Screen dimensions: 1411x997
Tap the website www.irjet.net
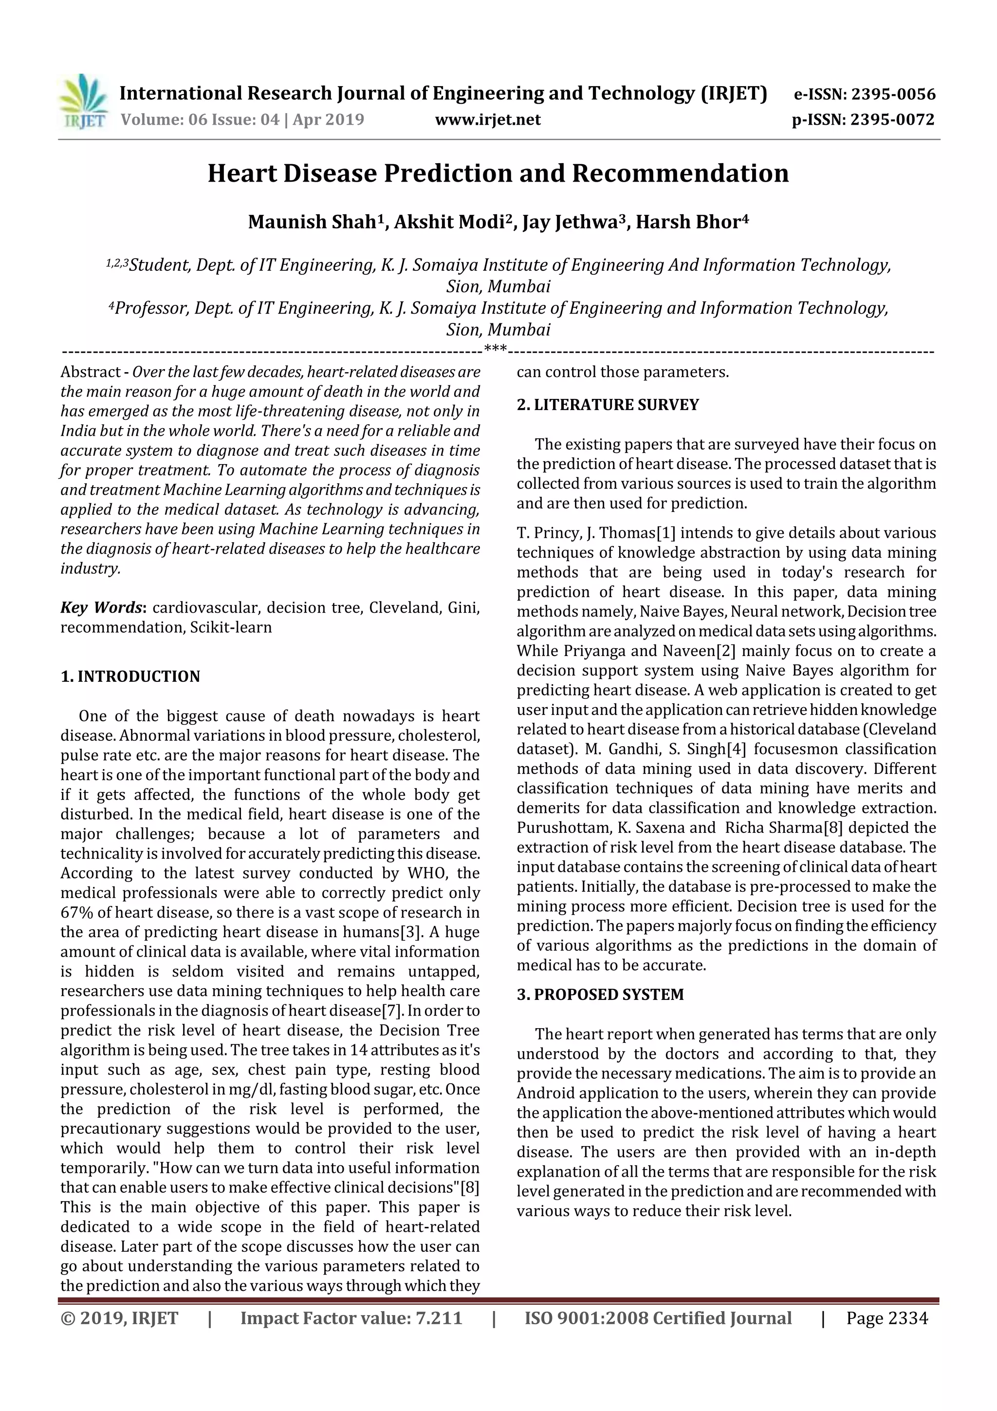pos(488,119)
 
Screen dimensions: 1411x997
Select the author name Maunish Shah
pos(312,222)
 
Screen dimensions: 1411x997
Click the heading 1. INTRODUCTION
pos(130,677)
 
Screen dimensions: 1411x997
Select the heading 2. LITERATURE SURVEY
pos(608,404)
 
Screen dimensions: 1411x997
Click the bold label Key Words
pos(101,608)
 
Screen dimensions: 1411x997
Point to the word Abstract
pos(90,372)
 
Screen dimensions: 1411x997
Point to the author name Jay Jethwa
pos(569,222)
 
